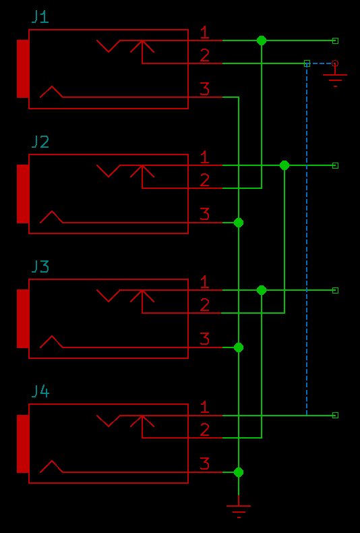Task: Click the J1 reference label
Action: [x=40, y=17]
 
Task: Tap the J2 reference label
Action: [x=40, y=142]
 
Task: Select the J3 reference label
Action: [x=40, y=266]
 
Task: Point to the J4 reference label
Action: [x=40, y=391]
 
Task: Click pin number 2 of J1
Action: [x=204, y=55]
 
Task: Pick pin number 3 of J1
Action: [x=204, y=89]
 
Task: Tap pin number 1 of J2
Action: [x=204, y=157]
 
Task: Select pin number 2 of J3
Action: [x=204, y=305]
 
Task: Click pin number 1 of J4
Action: [x=204, y=408]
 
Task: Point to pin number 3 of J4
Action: [x=204, y=464]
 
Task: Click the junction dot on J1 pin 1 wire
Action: [x=262, y=40]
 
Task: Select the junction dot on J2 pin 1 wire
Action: [x=284, y=165]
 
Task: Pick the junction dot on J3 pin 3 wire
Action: [x=239, y=347]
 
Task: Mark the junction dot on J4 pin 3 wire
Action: [x=239, y=472]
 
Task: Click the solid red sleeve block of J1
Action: [x=23, y=69]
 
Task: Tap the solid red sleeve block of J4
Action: [x=23, y=444]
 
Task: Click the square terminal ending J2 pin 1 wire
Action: [x=335, y=165]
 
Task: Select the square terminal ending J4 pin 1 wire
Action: [x=335, y=415]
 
